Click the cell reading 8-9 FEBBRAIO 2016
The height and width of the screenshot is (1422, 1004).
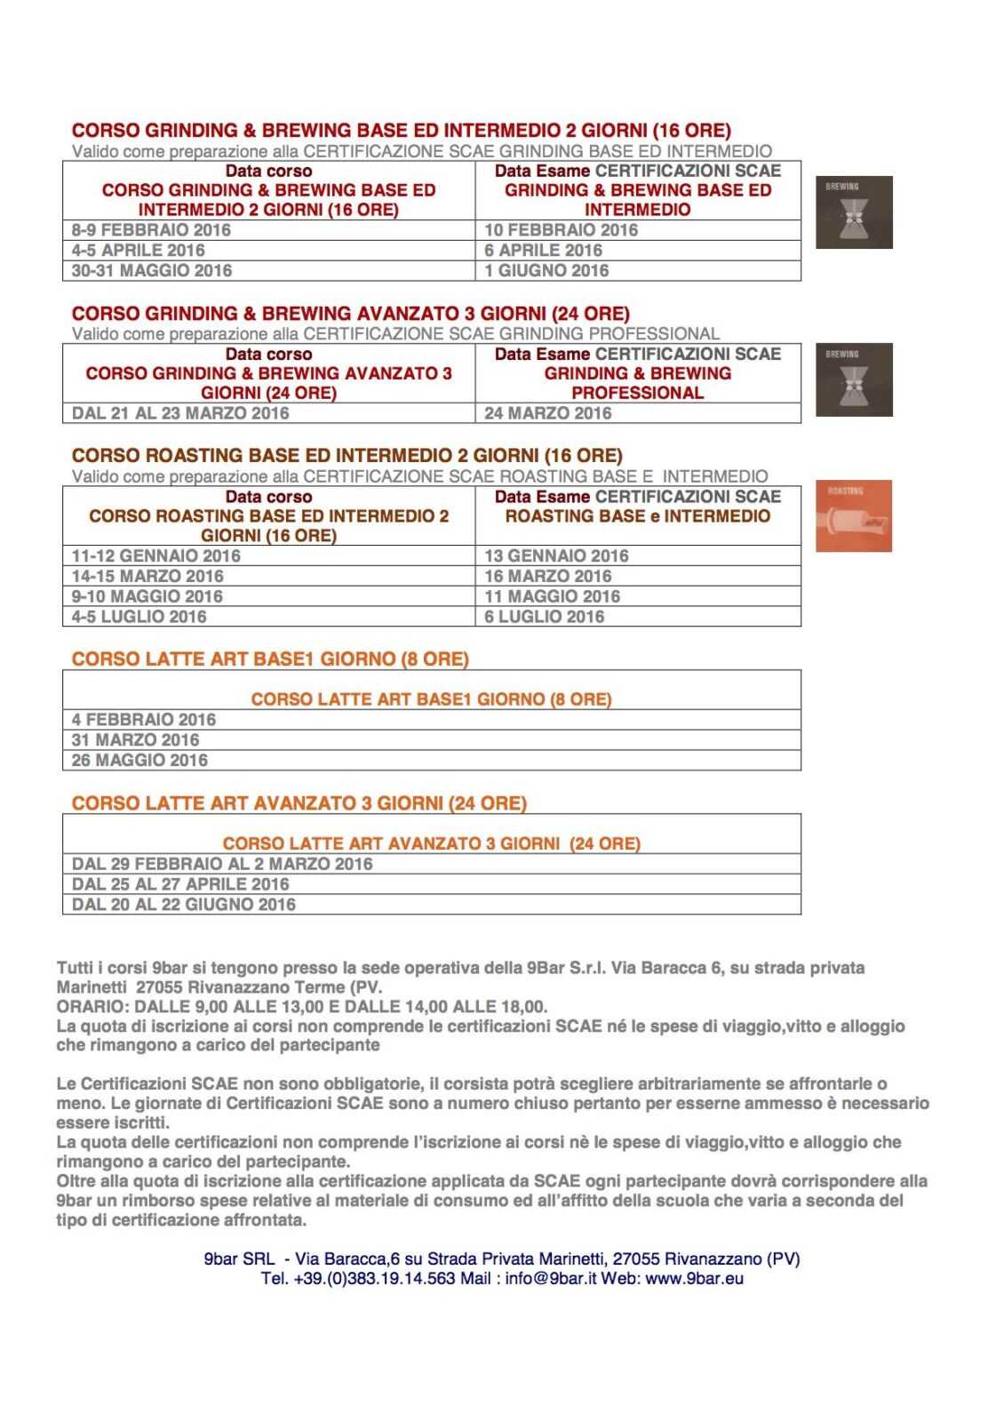coord(151,230)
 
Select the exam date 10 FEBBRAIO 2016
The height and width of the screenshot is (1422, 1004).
coord(561,230)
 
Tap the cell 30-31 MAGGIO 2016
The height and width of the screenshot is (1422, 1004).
coord(152,271)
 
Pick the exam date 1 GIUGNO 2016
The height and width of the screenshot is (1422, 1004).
coord(546,271)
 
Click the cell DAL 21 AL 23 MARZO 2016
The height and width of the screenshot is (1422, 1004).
coord(180,413)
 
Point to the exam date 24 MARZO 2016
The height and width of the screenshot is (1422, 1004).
coord(547,413)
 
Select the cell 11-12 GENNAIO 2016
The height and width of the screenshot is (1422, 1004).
coord(156,556)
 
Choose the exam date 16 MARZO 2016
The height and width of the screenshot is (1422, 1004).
coord(547,577)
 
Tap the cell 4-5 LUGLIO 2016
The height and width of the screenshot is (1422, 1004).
coord(139,617)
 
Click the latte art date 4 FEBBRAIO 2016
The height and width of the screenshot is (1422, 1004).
coord(144,720)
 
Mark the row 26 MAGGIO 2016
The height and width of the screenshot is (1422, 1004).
coord(139,761)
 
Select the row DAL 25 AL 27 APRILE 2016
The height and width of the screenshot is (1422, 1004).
coord(180,884)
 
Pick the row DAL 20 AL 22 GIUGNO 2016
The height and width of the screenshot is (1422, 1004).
coord(184,905)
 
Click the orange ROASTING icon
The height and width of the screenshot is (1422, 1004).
coord(853,516)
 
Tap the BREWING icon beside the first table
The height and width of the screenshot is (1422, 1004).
coord(854,212)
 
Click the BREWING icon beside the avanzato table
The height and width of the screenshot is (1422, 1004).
coord(854,379)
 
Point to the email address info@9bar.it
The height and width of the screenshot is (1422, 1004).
coord(551,1279)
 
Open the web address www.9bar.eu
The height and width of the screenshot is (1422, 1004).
coord(695,1279)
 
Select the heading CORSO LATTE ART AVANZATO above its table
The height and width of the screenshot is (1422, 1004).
coord(299,803)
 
